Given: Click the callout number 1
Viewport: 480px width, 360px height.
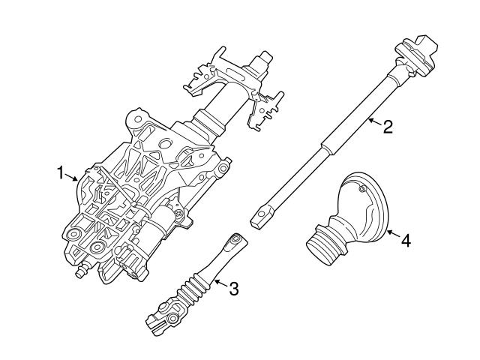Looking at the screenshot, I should (61, 172).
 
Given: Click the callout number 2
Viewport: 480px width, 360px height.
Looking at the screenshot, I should (387, 126).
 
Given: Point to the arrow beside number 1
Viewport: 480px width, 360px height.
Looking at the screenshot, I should (72, 177).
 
